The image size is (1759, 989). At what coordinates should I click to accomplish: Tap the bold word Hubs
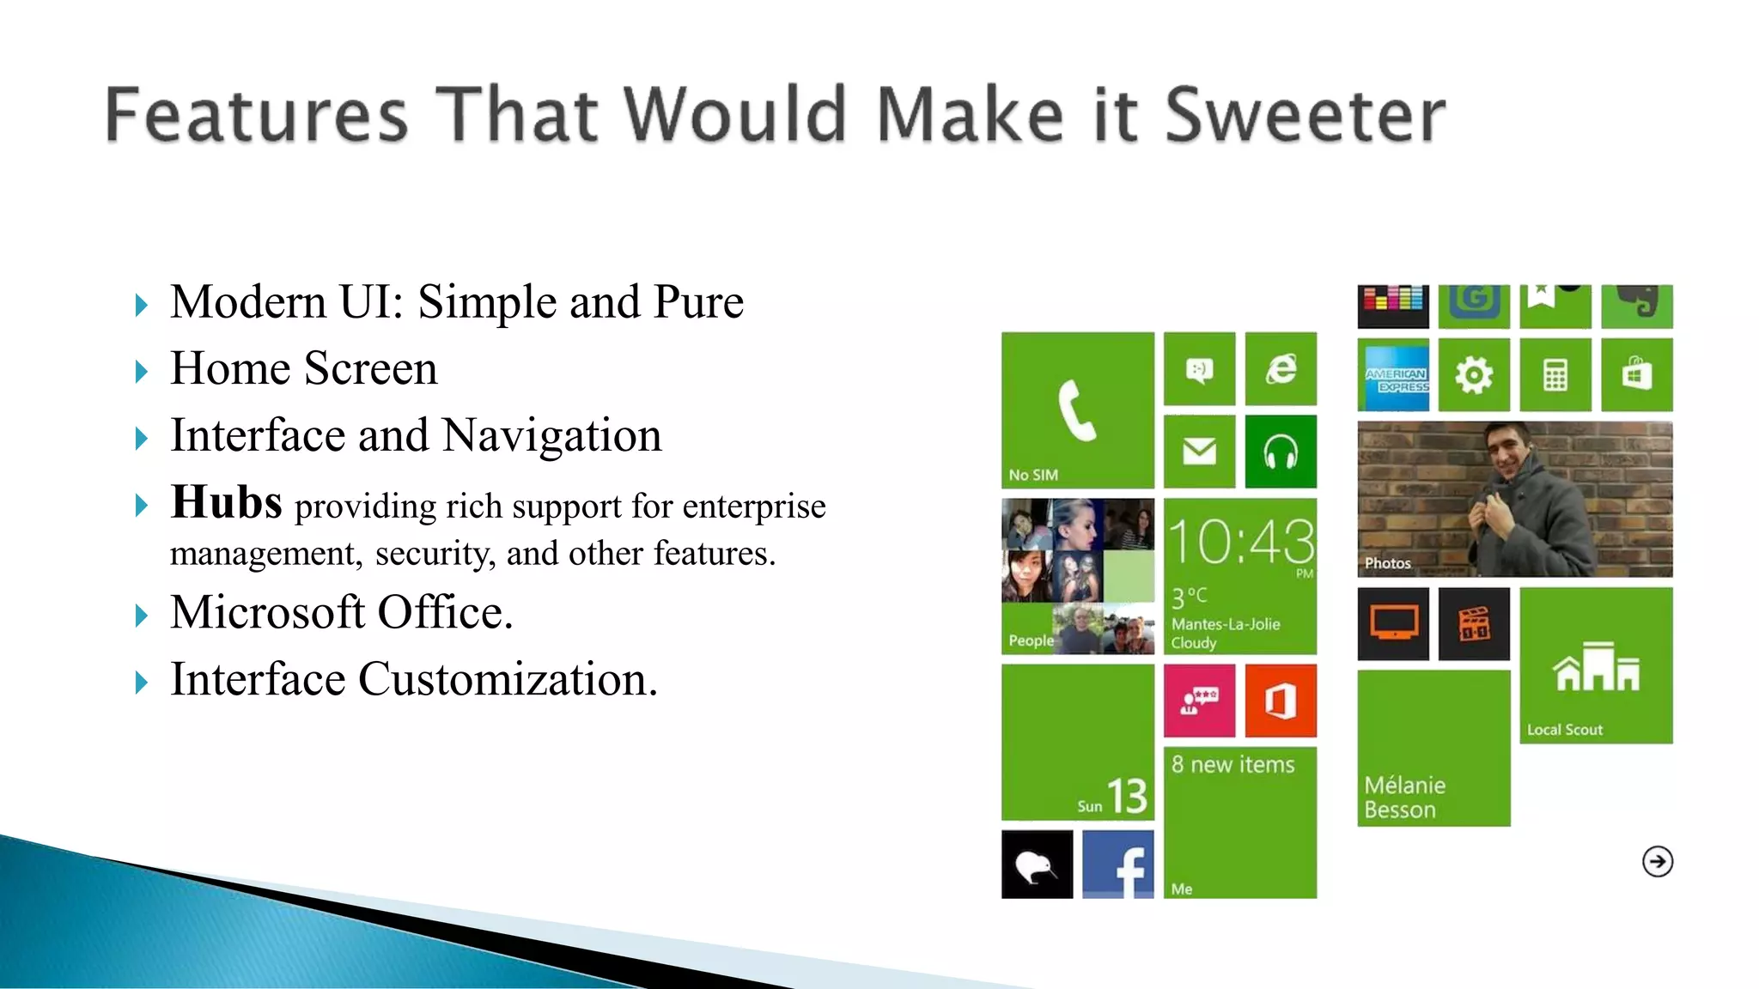tap(226, 502)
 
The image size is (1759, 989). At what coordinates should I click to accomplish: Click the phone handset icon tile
tap(1077, 410)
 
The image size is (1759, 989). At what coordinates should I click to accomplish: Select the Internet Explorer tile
tap(1281, 368)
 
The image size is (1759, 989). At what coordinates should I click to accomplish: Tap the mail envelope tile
tap(1199, 451)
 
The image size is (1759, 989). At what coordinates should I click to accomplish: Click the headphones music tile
tap(1281, 451)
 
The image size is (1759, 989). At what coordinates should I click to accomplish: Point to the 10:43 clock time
tap(1240, 543)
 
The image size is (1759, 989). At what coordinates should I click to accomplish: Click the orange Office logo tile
tap(1281, 701)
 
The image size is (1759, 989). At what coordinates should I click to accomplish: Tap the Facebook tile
tap(1118, 865)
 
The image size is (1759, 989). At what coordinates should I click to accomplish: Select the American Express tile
tap(1393, 375)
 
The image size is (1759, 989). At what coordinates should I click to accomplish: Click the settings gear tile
tap(1474, 375)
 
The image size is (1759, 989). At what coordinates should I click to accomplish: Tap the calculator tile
tap(1555, 375)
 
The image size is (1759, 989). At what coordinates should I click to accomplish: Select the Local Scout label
tap(1564, 730)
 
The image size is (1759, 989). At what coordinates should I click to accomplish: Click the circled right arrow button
tap(1657, 861)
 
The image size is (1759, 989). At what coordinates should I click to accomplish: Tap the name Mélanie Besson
tap(1404, 798)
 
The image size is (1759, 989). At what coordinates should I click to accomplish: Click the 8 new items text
tap(1233, 765)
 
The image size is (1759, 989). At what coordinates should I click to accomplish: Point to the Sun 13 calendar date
tap(1113, 798)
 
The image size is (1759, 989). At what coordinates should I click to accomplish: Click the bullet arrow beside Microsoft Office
tap(142, 616)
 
